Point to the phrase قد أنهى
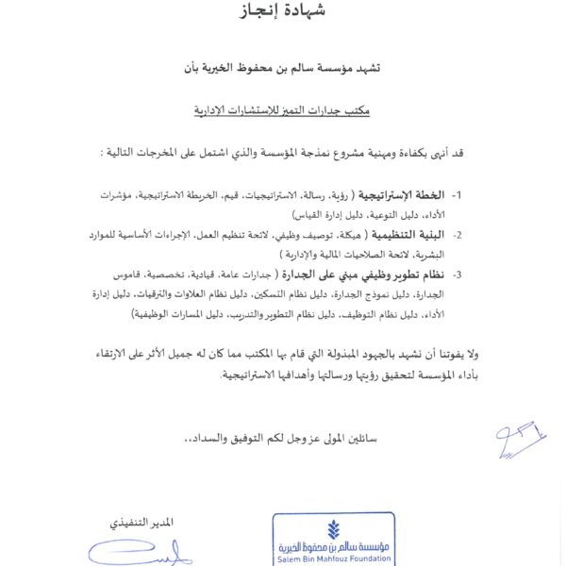pyautogui.click(x=456, y=152)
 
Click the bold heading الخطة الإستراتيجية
pyautogui.click(x=403, y=195)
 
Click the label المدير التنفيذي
pyautogui.click(x=144, y=523)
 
